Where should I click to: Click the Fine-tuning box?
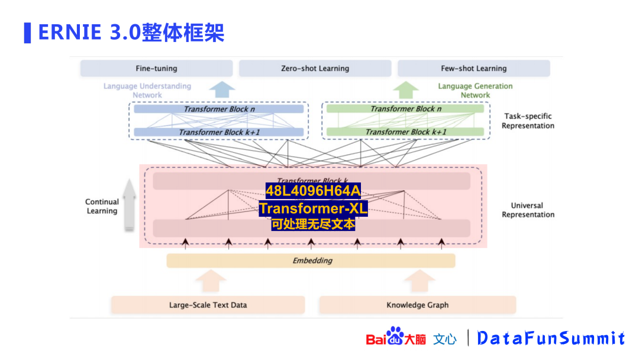pos(156,69)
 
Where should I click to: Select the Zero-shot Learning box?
pos(315,69)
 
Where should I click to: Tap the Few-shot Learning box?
pos(473,69)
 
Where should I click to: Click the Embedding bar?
pos(311,261)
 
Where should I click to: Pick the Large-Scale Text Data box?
pos(208,305)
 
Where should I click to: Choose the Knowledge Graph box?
pos(417,305)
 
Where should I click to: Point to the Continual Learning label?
pos(102,207)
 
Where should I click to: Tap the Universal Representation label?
pos(528,210)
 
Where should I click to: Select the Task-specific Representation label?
pos(528,121)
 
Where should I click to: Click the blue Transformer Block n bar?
pos(218,109)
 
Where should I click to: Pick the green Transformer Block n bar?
pos(405,109)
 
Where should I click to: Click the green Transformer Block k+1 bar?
pos(405,131)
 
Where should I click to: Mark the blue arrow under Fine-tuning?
pos(222,89)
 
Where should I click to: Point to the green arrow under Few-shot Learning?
pos(406,89)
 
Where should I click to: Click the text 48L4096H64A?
pos(313,191)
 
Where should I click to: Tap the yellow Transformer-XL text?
pos(313,208)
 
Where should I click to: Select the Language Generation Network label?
pos(475,91)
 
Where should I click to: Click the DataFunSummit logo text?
pos(551,338)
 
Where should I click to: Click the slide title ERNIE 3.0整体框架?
pos(131,33)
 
